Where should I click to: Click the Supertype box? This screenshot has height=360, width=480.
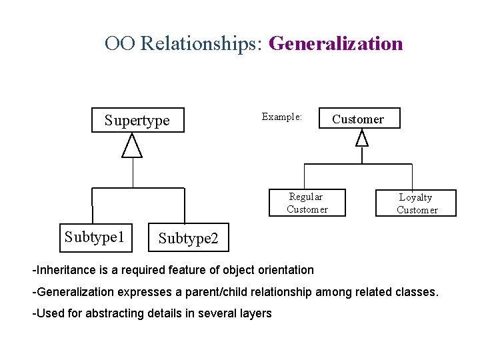coord(137,121)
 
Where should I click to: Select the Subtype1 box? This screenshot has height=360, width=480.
coord(96,238)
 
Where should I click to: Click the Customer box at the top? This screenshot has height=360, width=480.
coord(359,119)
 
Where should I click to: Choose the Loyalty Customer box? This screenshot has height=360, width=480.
coord(417,203)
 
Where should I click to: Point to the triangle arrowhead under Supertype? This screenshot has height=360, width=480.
coord(133,147)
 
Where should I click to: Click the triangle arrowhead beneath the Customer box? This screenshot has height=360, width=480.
coord(362,138)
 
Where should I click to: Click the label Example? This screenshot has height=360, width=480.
coord(282,117)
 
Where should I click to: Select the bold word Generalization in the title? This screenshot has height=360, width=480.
coord(335,44)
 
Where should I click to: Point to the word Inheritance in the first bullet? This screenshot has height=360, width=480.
coord(62,270)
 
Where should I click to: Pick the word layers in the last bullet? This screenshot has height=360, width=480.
coord(255,313)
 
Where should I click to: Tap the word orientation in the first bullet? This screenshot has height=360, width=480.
coord(285,270)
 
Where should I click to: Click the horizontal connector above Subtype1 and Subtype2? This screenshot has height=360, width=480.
coord(138,187)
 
